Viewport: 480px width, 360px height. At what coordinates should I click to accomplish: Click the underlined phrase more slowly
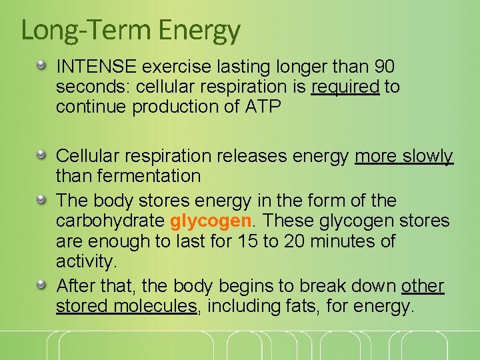[404, 156]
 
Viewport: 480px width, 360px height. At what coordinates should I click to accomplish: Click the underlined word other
[423, 286]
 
